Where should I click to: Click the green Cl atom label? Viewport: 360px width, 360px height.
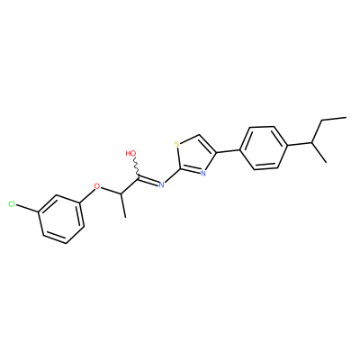[x=13, y=204]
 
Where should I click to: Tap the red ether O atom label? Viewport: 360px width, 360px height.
[x=96, y=186]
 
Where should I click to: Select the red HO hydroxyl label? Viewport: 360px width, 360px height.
[x=131, y=153]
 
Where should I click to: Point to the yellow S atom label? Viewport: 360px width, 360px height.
[x=177, y=144]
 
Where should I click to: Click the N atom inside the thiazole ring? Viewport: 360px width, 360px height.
[x=203, y=173]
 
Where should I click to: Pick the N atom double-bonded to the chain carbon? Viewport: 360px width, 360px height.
[x=161, y=184]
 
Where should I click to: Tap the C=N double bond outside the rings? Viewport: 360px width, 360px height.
[x=148, y=181]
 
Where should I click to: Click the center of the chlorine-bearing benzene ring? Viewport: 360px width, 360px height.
[x=61, y=218]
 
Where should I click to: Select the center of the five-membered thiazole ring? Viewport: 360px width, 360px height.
[x=193, y=155]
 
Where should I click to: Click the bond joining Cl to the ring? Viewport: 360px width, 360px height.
[x=28, y=209]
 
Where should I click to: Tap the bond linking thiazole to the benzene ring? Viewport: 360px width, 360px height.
[x=228, y=151]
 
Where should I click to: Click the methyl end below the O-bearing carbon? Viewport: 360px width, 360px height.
[x=125, y=217]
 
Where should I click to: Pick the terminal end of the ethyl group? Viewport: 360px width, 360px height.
[x=346, y=117]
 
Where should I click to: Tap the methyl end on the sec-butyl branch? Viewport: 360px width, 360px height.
[x=326, y=162]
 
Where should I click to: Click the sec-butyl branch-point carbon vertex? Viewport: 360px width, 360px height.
[x=312, y=143]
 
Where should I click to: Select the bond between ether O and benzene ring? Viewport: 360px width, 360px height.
[x=87, y=196]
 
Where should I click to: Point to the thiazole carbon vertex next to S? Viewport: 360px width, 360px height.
[x=198, y=136]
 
